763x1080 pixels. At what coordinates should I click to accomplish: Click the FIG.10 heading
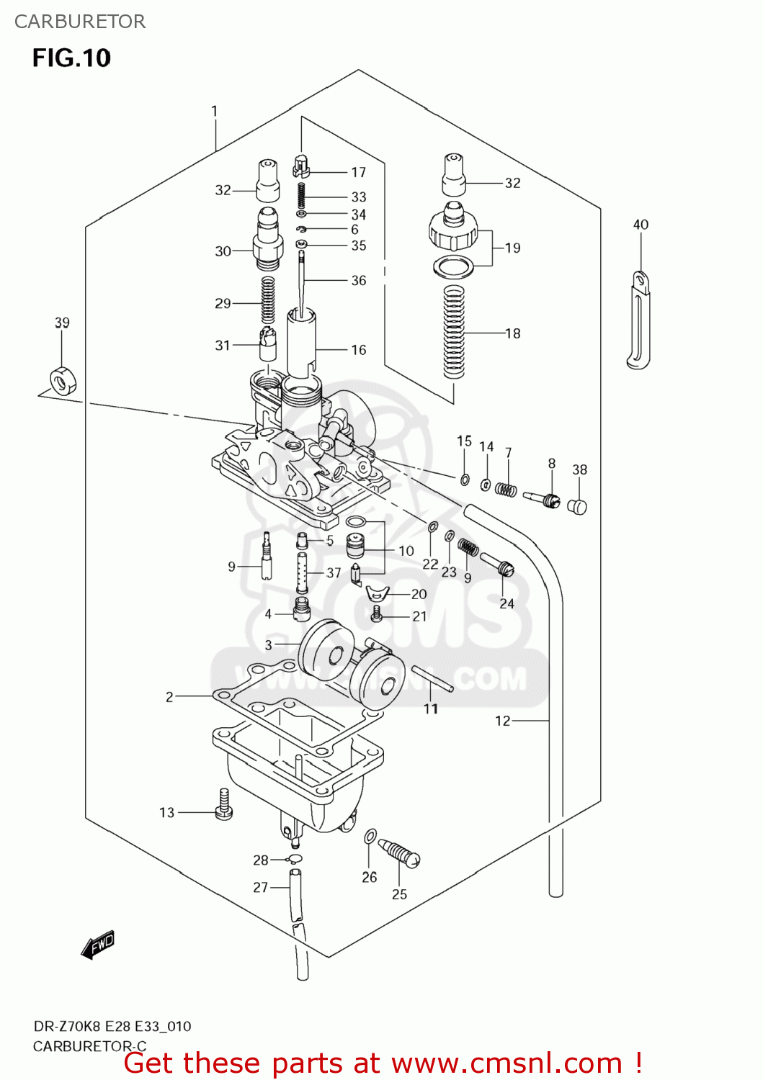(x=71, y=58)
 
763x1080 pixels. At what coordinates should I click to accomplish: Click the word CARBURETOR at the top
(x=80, y=22)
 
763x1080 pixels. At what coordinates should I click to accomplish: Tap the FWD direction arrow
(x=98, y=945)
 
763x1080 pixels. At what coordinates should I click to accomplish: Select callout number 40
(x=641, y=225)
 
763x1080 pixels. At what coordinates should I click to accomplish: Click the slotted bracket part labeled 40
(x=638, y=320)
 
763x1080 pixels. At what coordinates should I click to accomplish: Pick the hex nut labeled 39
(x=63, y=380)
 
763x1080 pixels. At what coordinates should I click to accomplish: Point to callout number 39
(x=62, y=323)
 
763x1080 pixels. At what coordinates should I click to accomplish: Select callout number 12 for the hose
(x=502, y=721)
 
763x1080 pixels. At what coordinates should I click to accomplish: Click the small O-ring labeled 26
(x=370, y=837)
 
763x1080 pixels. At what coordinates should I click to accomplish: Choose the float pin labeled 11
(x=432, y=679)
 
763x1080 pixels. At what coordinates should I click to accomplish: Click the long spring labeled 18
(x=453, y=331)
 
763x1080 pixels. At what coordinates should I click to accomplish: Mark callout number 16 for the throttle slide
(x=358, y=350)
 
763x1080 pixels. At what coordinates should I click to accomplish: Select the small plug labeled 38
(x=578, y=507)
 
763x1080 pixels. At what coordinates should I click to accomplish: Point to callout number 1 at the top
(x=214, y=111)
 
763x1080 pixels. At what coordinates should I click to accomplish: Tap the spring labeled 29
(x=267, y=299)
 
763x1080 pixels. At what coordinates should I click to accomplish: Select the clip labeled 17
(x=301, y=166)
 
